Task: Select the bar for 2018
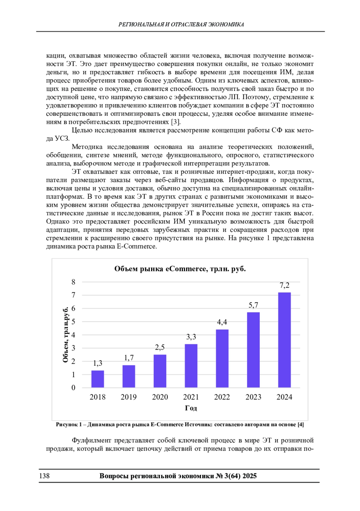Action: pyautogui.click(x=97, y=379)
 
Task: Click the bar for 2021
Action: pyautogui.click(x=191, y=366)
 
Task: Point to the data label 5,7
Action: pyautogui.click(x=253, y=305)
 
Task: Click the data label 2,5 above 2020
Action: pyautogui.click(x=160, y=347)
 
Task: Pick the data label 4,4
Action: pyautogui.click(x=222, y=322)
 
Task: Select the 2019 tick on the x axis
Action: pyautogui.click(x=128, y=397)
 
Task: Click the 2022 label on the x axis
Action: pyautogui.click(x=222, y=397)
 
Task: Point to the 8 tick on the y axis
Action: pyautogui.click(x=73, y=282)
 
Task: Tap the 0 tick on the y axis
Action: pyautogui.click(x=73, y=388)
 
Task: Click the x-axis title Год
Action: pyautogui.click(x=191, y=408)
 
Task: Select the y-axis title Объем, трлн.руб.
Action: pyautogui.click(x=66, y=335)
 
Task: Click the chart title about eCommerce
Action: pyautogui.click(x=180, y=269)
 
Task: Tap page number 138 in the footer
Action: pyautogui.click(x=44, y=476)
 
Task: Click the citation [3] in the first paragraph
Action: pyautogui.click(x=175, y=122)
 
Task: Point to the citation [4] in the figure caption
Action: pyautogui.click(x=300, y=425)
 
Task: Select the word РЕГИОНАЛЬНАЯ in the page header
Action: pyautogui.click(x=141, y=25)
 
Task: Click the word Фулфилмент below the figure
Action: pyautogui.click(x=91, y=440)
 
